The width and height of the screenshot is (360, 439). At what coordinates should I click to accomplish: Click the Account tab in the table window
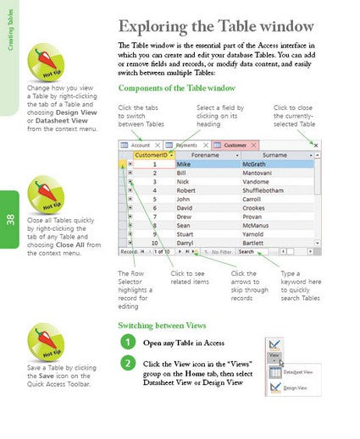(141, 145)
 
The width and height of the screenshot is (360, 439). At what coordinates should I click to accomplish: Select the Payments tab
(187, 145)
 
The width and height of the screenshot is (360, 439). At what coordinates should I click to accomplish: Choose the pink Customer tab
(234, 145)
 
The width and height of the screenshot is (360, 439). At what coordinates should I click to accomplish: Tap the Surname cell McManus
(273, 226)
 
